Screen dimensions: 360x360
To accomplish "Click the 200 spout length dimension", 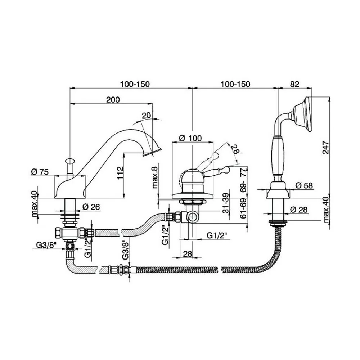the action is click(x=113, y=100).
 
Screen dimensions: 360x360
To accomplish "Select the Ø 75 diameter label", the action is click(x=40, y=172).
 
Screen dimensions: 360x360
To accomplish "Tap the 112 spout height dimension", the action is click(x=120, y=173).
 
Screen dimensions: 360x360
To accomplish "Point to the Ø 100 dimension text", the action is click(x=190, y=138).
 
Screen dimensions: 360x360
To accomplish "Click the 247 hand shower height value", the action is click(x=325, y=148).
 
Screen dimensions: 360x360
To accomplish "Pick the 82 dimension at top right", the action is click(x=294, y=84).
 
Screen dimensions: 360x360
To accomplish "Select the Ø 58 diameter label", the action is click(x=304, y=185).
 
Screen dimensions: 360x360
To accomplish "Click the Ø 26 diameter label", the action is click(x=91, y=207).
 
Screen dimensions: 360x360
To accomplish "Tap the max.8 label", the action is click(x=155, y=177).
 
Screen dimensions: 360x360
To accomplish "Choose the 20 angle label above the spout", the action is click(x=146, y=115).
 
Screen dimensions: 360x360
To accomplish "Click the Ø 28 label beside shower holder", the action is click(x=299, y=210).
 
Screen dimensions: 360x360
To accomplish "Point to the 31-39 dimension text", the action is click(x=226, y=203).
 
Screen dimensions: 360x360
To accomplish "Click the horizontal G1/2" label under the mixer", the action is click(x=217, y=235).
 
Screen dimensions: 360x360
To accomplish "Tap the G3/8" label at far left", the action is click(x=46, y=245).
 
